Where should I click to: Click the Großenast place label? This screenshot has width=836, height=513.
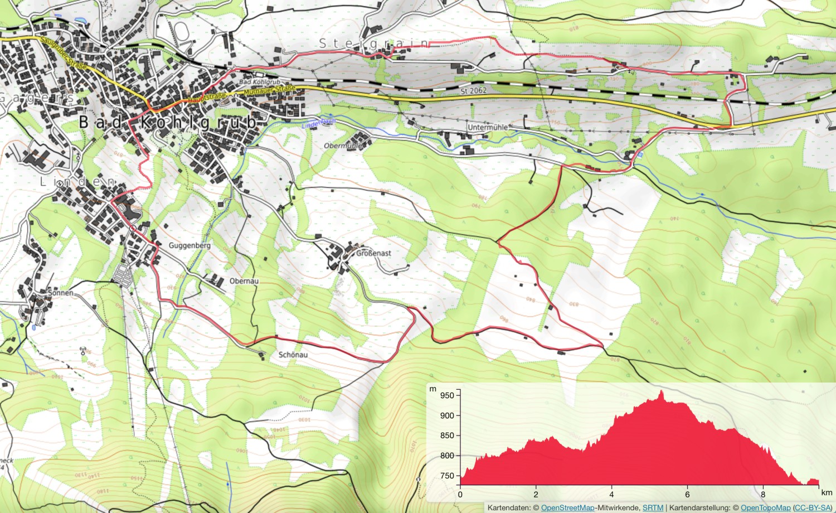coord(373,253)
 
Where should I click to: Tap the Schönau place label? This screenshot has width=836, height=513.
coord(293,355)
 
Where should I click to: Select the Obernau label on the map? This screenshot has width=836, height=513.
coord(244,281)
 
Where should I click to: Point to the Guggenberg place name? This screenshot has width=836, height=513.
coord(189,245)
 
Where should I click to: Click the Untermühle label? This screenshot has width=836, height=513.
coord(488,127)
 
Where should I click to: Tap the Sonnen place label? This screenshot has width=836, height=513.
coord(60,293)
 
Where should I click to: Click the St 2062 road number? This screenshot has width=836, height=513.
coord(473,90)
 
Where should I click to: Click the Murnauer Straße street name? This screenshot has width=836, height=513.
coord(270,89)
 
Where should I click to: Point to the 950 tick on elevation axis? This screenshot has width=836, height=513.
coord(447,395)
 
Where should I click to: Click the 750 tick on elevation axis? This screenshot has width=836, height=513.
coord(447,476)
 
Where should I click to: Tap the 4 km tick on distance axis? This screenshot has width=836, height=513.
coord(611,494)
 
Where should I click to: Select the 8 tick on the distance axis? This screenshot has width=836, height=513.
coord(763,494)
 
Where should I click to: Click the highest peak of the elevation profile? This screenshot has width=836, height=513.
coord(662,392)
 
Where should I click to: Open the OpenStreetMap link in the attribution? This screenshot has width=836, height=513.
coord(567,508)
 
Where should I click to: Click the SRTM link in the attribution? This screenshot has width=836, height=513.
coord(653,508)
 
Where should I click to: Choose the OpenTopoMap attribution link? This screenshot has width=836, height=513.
coord(765,508)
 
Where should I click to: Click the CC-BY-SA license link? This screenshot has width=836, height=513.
coord(812,508)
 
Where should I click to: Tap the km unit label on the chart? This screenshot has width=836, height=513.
coord(827,493)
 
